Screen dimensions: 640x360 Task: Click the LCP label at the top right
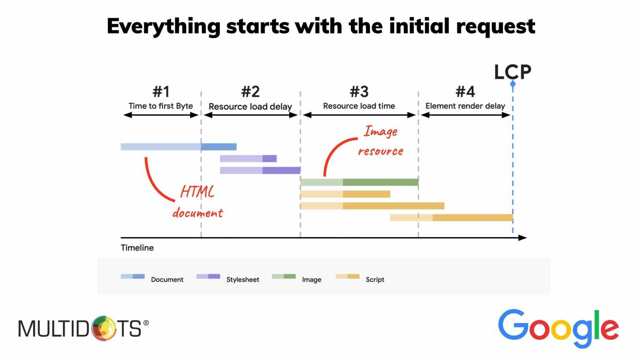pos(512,72)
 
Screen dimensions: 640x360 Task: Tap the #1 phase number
pos(161,92)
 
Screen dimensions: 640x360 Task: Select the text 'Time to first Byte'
pos(161,106)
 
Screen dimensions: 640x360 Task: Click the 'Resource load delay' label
pos(250,107)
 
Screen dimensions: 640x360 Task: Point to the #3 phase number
pos(359,92)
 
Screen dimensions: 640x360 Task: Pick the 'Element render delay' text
pos(465,106)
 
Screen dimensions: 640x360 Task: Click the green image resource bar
pos(360,182)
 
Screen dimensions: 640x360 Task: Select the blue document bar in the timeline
pos(179,147)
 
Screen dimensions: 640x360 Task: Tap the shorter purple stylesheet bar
pos(248,159)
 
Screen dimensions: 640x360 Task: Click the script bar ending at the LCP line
pos(451,218)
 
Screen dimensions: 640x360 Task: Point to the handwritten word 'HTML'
pos(197,192)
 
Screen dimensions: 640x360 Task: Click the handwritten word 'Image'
pos(380,132)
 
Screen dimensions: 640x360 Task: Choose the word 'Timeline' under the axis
pos(137,248)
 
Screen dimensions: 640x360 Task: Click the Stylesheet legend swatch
pos(208,276)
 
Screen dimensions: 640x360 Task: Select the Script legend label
pos(375,280)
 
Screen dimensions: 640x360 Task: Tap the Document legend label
pos(167,280)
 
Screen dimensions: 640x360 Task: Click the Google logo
pos(558,329)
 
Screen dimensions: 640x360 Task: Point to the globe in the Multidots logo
pos(104,328)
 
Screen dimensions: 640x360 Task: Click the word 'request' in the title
pos(496,27)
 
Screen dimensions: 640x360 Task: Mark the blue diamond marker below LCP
pos(513,84)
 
